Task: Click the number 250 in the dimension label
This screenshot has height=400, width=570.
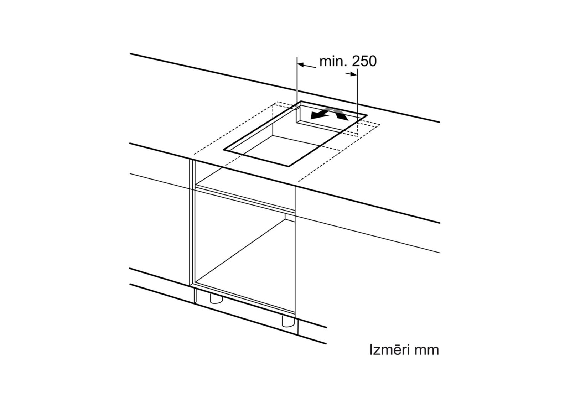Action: click(364, 61)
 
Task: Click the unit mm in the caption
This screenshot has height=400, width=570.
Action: click(427, 350)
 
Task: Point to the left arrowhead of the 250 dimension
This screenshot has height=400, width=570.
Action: click(300, 64)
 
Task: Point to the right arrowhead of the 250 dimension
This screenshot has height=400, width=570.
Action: click(353, 74)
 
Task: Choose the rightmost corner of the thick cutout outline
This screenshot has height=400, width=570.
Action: click(367, 115)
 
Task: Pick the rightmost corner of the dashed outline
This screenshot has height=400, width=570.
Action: click(380, 124)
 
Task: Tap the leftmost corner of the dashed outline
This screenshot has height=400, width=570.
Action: click(193, 154)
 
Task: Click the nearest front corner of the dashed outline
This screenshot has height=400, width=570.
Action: click(297, 181)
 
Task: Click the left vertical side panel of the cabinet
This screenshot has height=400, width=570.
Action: click(191, 221)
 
